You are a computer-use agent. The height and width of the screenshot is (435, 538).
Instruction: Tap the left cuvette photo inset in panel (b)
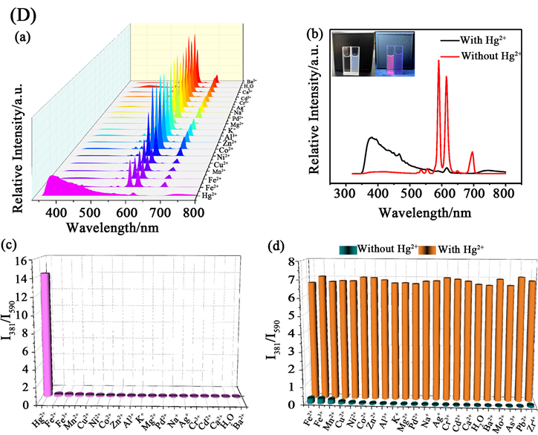[x=348, y=51]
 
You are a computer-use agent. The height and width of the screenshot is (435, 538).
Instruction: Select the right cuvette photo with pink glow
[x=392, y=51]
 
